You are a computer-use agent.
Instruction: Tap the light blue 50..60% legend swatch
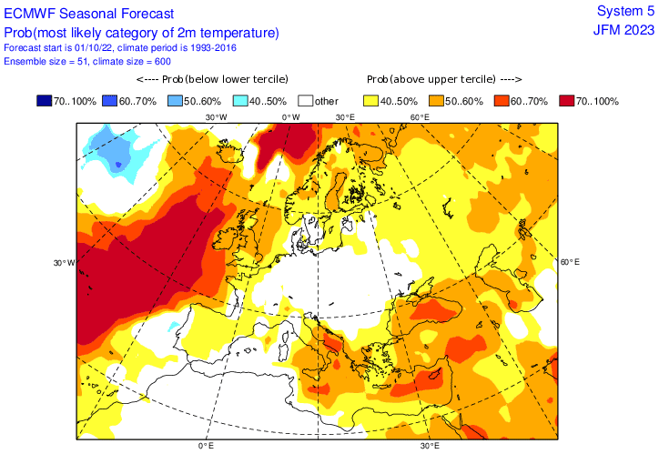pos(177,100)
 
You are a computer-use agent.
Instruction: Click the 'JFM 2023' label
pos(624,29)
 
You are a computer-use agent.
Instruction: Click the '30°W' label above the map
pos(216,117)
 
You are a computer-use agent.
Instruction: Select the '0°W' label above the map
pos(290,117)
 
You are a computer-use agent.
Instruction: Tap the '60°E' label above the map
pos(420,117)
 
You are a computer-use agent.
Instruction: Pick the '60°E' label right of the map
pos(570,262)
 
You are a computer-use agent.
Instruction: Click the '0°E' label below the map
pos(206,447)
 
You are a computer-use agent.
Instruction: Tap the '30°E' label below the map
pos(431,447)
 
